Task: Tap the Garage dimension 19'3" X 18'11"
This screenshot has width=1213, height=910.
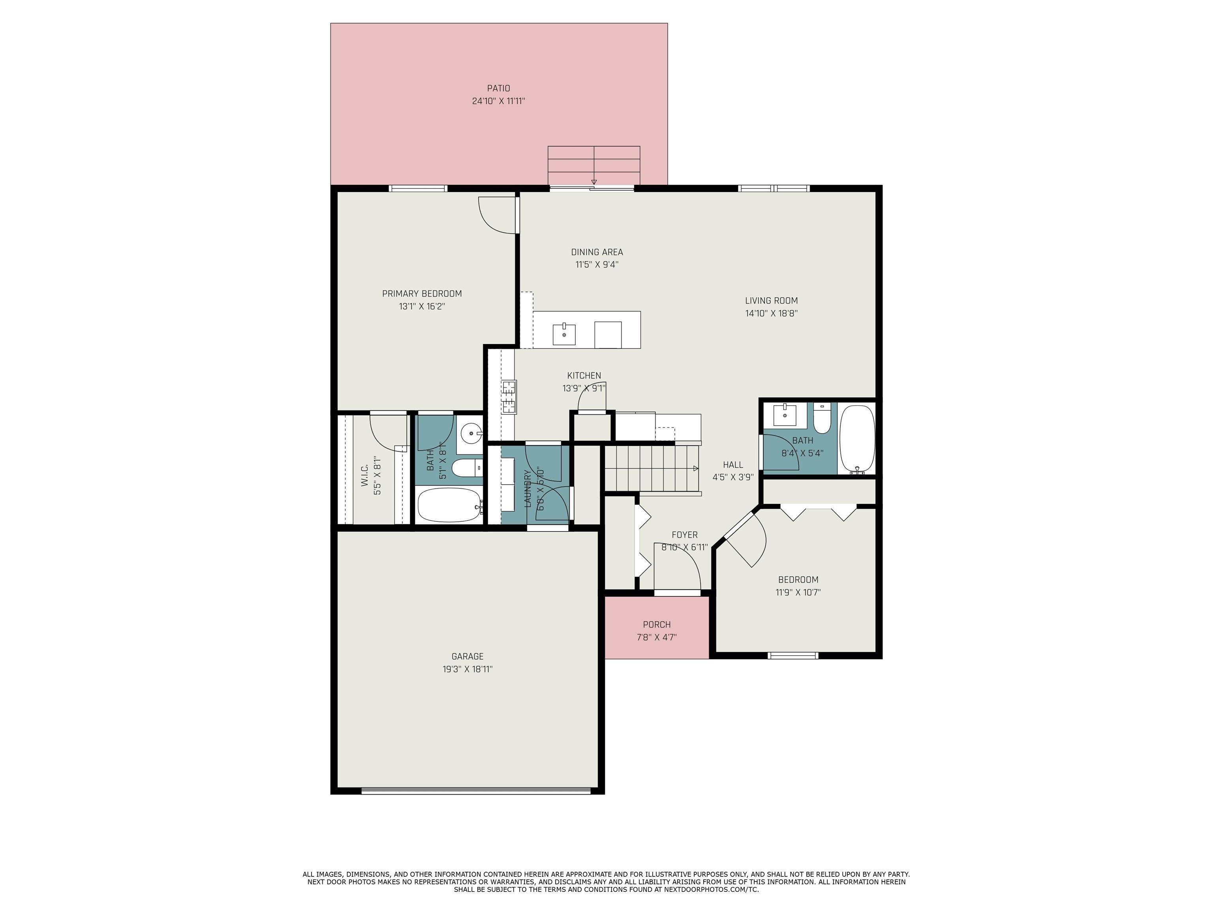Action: pyautogui.click(x=467, y=669)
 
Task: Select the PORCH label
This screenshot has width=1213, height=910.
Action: pyautogui.click(x=656, y=624)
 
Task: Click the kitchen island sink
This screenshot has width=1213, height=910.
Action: pyautogui.click(x=564, y=334)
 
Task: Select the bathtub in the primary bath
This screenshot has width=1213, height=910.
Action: pyautogui.click(x=449, y=505)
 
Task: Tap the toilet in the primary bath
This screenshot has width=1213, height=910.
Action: pyautogui.click(x=466, y=468)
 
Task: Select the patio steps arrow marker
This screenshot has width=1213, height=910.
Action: pyautogui.click(x=593, y=182)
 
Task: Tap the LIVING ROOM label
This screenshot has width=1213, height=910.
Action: pyautogui.click(x=771, y=301)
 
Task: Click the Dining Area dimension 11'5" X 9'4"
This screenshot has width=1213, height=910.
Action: pyautogui.click(x=597, y=264)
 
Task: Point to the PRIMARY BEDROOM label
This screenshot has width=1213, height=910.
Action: pyautogui.click(x=422, y=293)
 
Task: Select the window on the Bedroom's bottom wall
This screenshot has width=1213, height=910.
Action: pyautogui.click(x=792, y=656)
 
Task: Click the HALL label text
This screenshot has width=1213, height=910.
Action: pyautogui.click(x=732, y=464)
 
